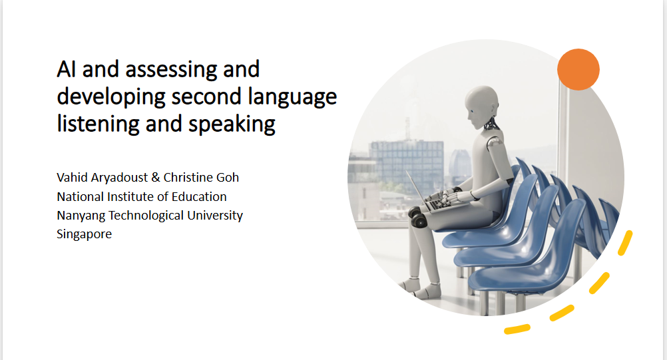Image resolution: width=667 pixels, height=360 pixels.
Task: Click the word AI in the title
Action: pos(67,69)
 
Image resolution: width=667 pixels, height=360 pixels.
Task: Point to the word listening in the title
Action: pos(98,124)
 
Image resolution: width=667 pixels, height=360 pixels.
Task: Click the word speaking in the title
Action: pos(232,124)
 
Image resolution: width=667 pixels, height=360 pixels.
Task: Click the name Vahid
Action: pos(72,177)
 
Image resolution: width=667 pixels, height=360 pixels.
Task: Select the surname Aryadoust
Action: pos(119,178)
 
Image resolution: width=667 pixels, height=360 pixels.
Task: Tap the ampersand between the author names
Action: pos(156,177)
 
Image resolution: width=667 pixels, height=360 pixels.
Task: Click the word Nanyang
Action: pos(81,216)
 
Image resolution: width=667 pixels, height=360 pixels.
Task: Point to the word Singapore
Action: pos(85,234)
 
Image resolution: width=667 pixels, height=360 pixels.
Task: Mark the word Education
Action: pos(199,197)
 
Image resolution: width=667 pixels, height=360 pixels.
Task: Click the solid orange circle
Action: pos(578,69)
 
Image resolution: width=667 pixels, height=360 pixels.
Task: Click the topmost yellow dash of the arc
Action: pos(625,243)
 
